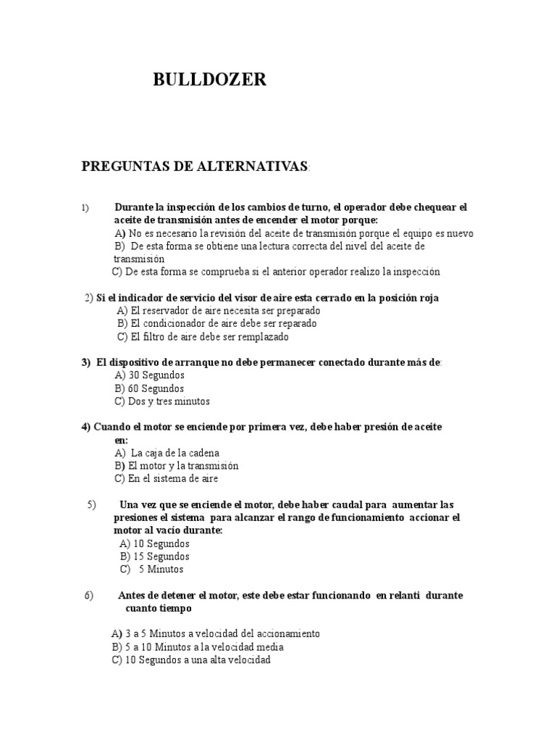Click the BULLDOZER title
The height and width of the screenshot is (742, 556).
click(x=209, y=80)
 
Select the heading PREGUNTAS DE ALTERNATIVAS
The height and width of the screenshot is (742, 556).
click(x=195, y=167)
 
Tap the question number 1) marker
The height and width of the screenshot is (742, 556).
click(x=85, y=208)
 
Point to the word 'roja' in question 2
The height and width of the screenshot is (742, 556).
click(x=426, y=298)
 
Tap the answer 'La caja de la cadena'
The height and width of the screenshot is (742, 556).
click(x=167, y=453)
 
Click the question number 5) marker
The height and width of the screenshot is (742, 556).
click(x=92, y=504)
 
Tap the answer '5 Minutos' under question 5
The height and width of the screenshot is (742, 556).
click(x=156, y=570)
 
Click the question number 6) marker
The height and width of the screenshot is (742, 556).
click(x=89, y=596)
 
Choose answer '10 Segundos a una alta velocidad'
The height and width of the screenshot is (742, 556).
click(x=191, y=660)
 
